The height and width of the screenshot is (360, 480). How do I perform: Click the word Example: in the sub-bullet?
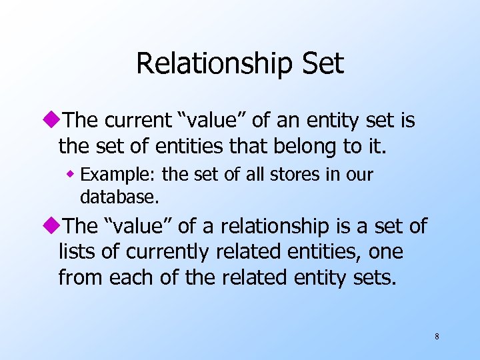pos(119,175)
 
